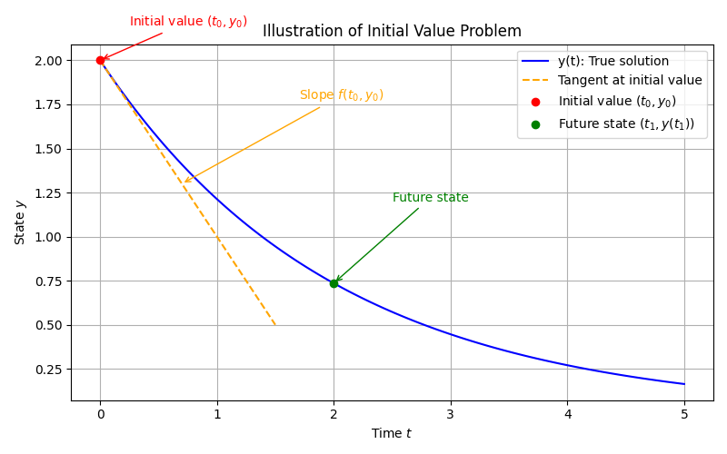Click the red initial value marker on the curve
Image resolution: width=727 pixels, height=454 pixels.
click(100, 60)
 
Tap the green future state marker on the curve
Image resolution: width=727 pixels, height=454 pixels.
click(334, 283)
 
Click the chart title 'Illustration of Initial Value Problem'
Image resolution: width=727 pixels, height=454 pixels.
click(392, 31)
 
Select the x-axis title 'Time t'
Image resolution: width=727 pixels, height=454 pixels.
click(392, 434)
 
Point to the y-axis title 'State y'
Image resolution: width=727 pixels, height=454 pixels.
click(20, 222)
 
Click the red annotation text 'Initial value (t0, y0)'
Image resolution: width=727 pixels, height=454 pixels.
click(188, 22)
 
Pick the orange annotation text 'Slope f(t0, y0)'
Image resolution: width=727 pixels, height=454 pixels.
click(342, 95)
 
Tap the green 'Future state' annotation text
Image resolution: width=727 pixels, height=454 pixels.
click(431, 198)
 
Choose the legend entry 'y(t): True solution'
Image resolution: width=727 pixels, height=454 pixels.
click(613, 62)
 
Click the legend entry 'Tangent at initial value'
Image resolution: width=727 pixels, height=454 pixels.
click(630, 81)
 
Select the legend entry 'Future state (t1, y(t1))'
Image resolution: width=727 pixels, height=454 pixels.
click(626, 124)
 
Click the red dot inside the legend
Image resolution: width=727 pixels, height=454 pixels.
click(535, 102)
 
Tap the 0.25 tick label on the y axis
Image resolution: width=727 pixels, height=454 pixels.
click(49, 370)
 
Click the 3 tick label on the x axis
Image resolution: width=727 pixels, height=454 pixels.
click(451, 414)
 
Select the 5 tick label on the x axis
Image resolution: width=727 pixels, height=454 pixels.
click(684, 414)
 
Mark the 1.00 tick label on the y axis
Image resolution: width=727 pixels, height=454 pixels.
click(49, 237)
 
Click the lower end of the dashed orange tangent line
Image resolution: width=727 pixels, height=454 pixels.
click(275, 325)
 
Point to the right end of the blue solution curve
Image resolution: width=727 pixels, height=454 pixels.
click(684, 384)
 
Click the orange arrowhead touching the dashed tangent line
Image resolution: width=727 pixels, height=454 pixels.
click(185, 182)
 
